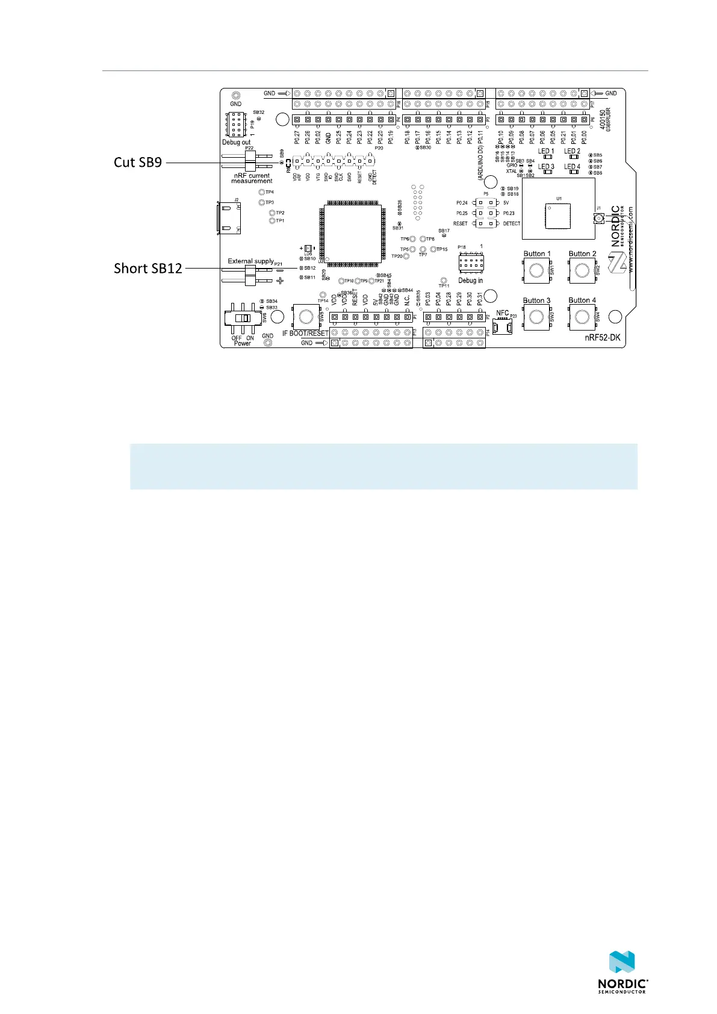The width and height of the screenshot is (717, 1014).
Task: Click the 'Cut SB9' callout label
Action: point(138,162)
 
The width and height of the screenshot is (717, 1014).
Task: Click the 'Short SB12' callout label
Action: point(147,269)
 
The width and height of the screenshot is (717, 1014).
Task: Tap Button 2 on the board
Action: point(582,270)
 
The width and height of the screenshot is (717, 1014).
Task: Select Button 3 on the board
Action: point(536,317)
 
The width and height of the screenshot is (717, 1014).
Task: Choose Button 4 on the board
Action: point(582,317)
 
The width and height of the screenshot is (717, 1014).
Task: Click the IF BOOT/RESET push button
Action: point(305,316)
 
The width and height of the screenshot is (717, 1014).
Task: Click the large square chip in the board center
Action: point(353,234)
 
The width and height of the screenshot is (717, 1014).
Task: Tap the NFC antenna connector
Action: point(502,326)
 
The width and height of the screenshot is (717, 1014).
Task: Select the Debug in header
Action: point(470,263)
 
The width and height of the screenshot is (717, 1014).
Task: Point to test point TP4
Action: point(262,192)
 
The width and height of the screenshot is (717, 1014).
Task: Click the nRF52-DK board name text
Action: point(602,338)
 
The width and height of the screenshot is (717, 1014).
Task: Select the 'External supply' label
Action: point(250,261)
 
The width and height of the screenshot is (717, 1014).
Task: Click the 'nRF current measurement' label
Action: point(252,178)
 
